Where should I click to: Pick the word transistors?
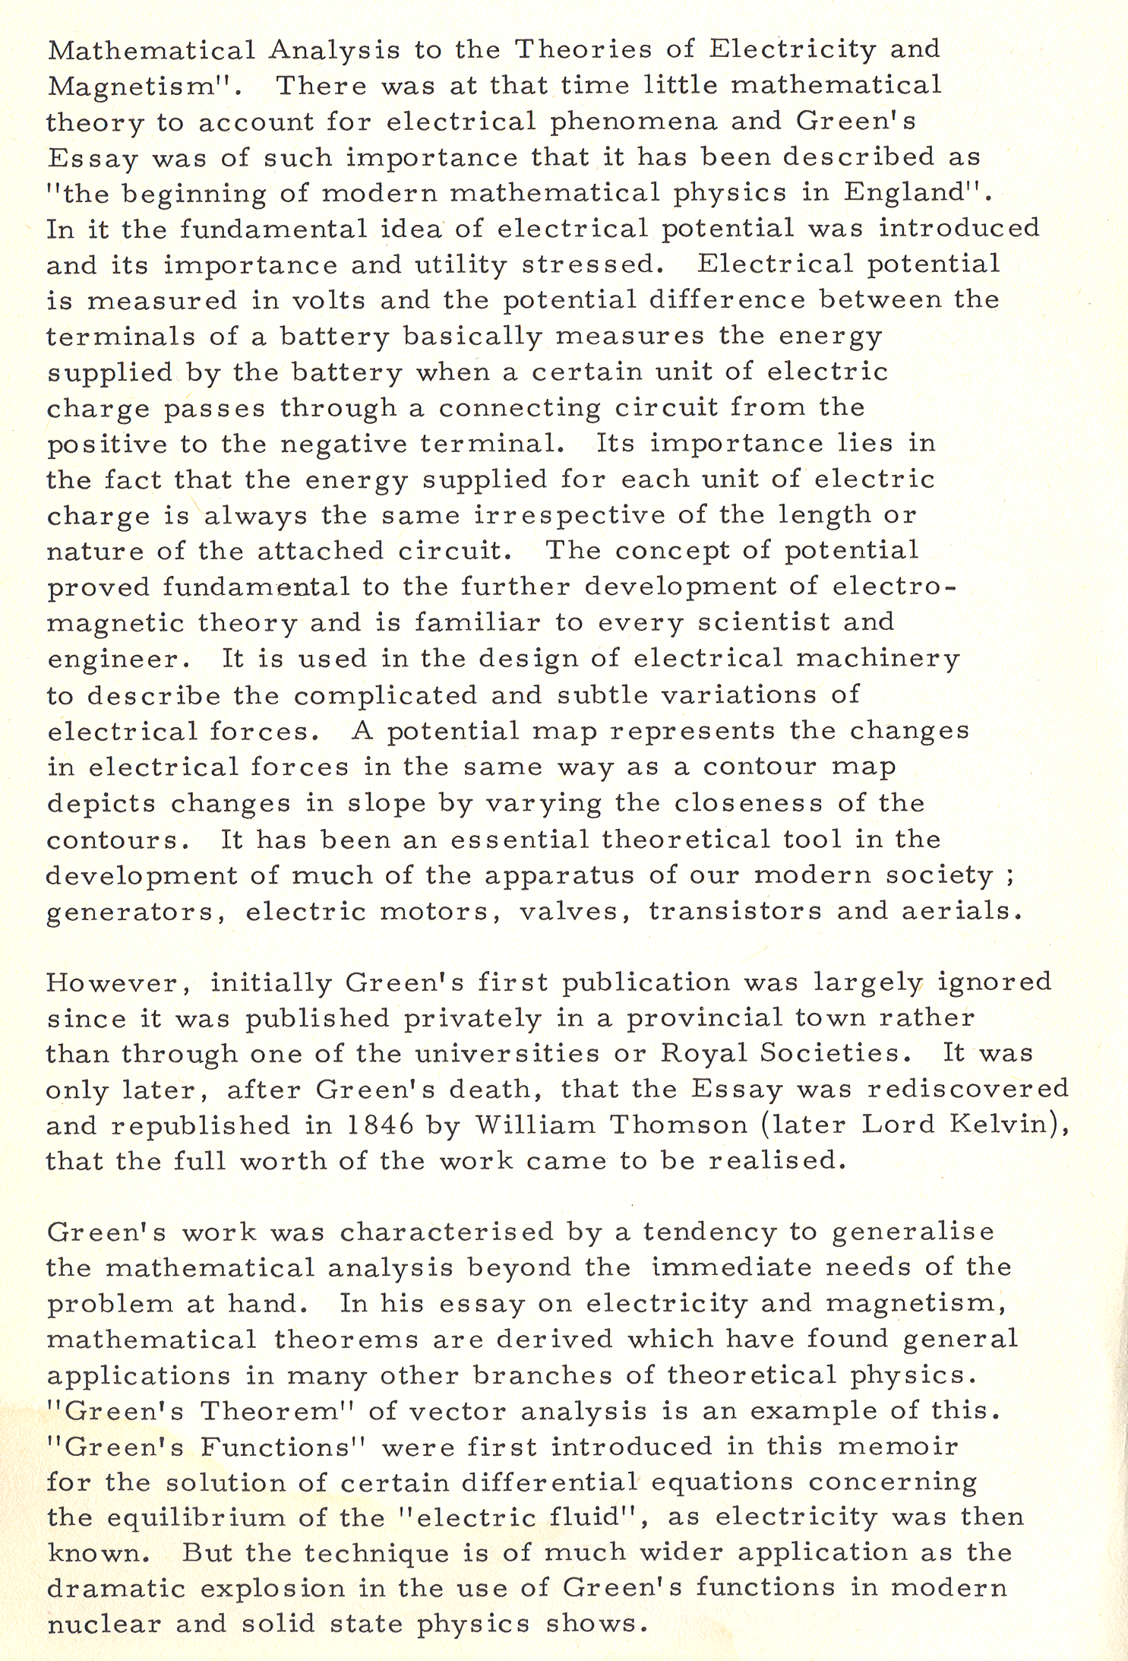[735, 911]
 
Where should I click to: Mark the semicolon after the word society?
[1009, 877]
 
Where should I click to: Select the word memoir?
[898, 1447]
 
